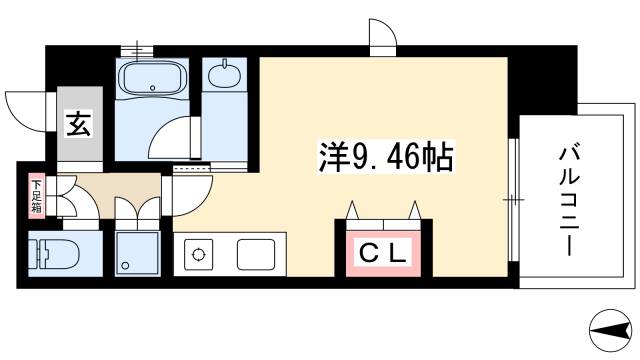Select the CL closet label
tap(383, 253)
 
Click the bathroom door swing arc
tap(176, 136)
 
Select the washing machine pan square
tap(137, 253)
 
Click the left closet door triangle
tap(354, 209)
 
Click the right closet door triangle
tap(413, 209)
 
